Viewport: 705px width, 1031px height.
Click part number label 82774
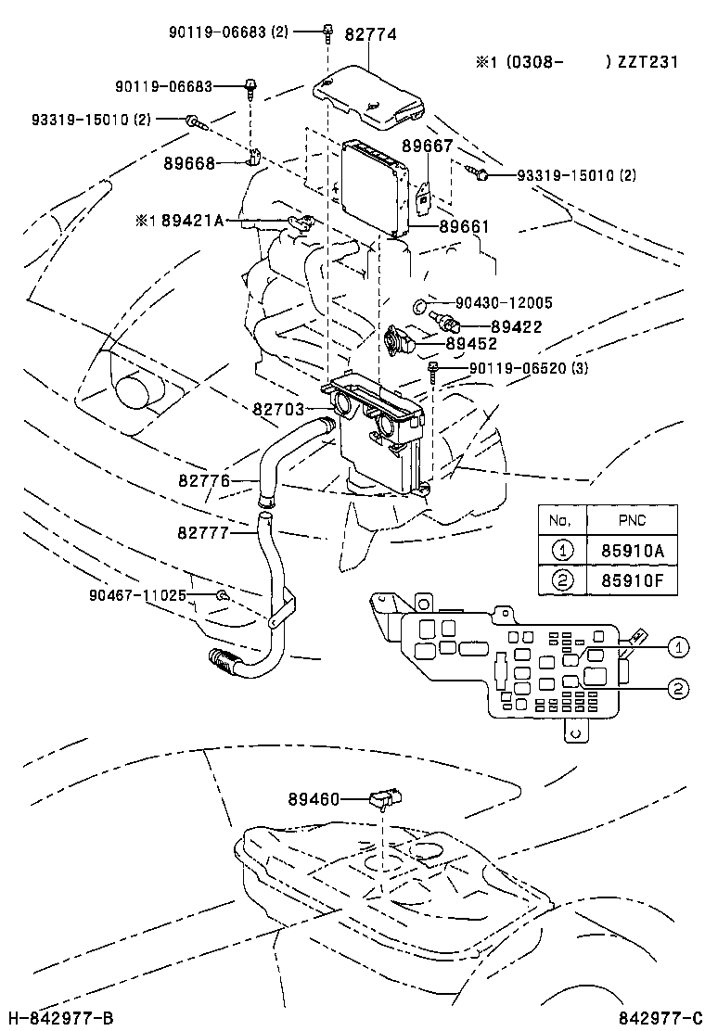[x=371, y=34]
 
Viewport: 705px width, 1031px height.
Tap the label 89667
[x=427, y=146]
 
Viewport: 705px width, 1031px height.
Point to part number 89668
[x=189, y=163]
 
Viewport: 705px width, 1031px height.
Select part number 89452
[x=471, y=343]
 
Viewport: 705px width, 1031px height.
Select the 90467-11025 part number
[x=137, y=594]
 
